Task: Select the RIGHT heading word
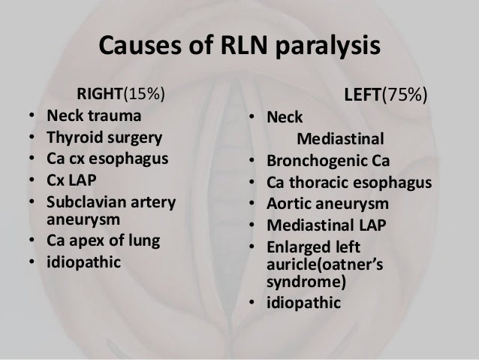98,95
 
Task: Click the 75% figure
413,95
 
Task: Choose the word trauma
112,117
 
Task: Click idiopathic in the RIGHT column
83,264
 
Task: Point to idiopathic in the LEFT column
302,304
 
